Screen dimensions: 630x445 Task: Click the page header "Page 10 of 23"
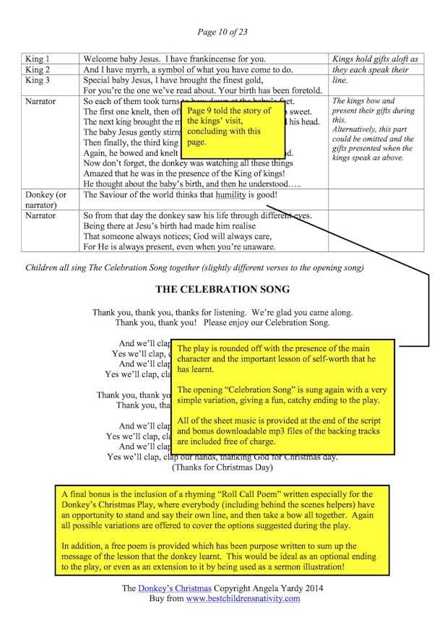tap(222, 32)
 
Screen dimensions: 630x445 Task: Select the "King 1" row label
tap(38, 59)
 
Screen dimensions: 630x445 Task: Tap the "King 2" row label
tap(38, 70)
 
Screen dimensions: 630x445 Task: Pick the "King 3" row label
tap(38, 82)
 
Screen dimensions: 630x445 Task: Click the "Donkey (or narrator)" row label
tap(46, 200)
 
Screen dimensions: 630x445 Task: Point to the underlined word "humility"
tap(230, 195)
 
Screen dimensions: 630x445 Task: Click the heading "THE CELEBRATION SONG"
tap(222, 290)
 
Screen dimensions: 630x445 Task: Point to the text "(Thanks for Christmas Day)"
tap(222, 467)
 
